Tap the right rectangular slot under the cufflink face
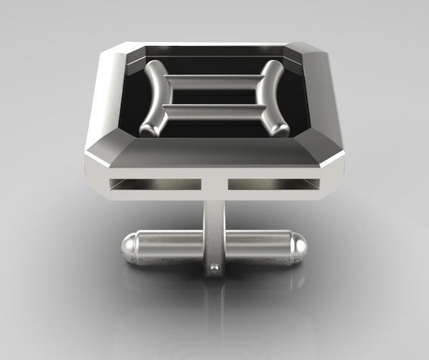272,184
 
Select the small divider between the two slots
214,185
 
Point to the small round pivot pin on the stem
214,269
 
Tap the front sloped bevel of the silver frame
214,153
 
